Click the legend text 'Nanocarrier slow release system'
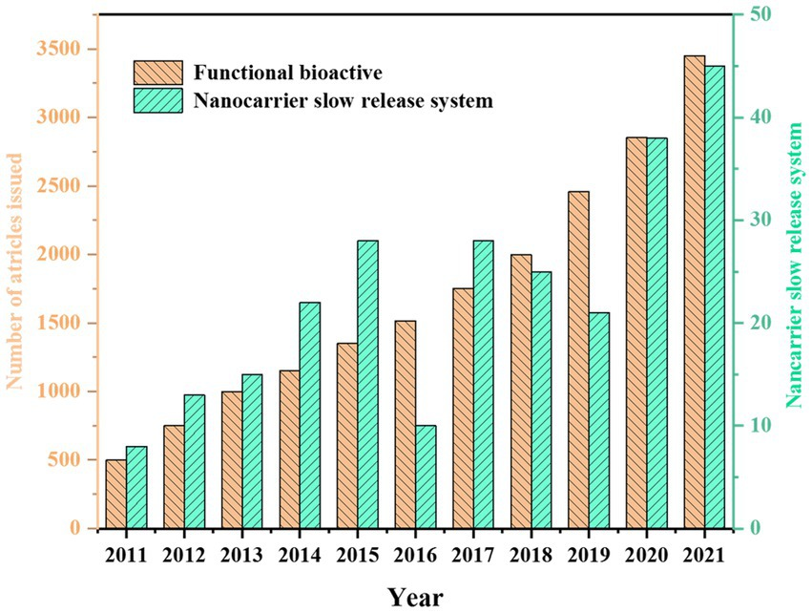343,100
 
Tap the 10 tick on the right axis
759,426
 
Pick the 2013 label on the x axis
241,555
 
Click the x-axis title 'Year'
415,596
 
